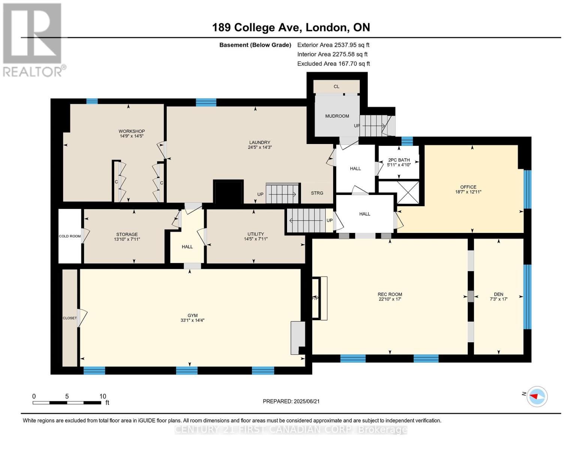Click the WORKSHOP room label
point(132,131)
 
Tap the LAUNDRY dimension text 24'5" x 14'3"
point(260,147)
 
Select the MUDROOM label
point(337,116)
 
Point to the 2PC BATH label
point(399,160)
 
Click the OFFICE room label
point(468,187)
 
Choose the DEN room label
point(498,294)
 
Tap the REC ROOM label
point(390,294)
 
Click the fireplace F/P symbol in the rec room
point(316,298)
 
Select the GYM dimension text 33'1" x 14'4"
point(192,320)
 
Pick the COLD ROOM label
point(70,236)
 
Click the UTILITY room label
point(256,234)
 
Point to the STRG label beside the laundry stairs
point(317,193)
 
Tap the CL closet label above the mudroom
point(337,87)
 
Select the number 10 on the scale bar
point(103,396)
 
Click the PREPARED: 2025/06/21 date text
point(291,401)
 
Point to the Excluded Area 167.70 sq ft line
point(334,64)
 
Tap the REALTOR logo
point(33,40)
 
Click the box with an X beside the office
point(408,192)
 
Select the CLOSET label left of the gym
point(70,318)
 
